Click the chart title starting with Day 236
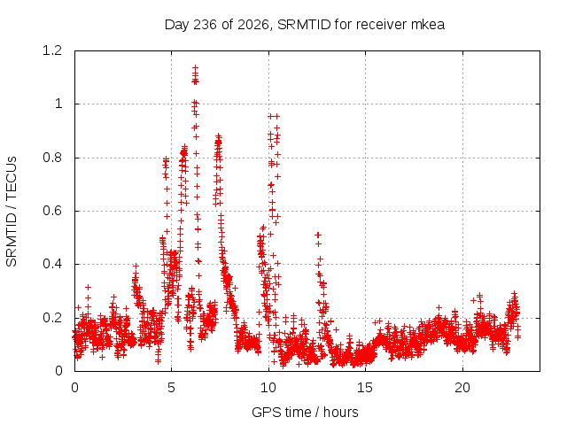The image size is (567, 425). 305,25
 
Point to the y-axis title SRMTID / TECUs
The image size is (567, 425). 12,212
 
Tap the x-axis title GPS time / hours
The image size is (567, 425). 305,412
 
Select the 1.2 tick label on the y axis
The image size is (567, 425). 52,50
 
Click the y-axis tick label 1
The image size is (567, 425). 58,104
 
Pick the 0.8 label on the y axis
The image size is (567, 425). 52,158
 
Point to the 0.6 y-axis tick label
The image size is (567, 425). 52,211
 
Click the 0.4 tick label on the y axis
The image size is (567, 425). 52,264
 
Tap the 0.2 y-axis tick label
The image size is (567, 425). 52,318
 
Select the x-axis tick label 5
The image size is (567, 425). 171,388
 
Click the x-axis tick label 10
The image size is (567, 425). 268,388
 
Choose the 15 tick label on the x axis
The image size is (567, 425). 365,388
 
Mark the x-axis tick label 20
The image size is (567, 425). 462,388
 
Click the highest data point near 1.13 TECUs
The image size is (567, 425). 195,67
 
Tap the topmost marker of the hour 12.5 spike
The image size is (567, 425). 318,235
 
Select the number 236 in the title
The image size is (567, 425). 205,25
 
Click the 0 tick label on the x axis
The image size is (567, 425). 74,388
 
